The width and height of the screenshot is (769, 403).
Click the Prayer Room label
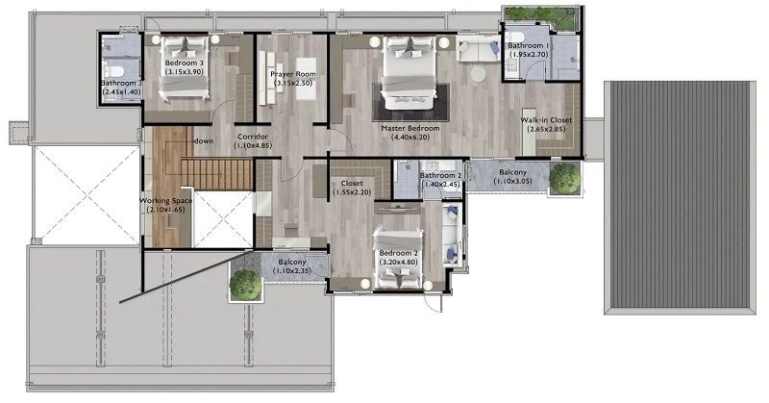click(x=293, y=74)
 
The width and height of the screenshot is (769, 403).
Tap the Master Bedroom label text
click(x=410, y=128)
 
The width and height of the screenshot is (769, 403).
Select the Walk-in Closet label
click(x=546, y=120)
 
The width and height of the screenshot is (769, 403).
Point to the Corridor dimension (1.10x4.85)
click(x=253, y=146)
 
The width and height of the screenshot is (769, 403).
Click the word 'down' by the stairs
click(x=204, y=140)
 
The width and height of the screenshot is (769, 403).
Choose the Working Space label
click(x=165, y=201)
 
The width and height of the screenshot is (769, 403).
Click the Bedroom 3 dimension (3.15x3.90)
click(x=184, y=72)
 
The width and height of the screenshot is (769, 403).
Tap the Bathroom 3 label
click(x=121, y=83)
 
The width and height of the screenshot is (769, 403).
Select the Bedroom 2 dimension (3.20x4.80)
click(x=398, y=263)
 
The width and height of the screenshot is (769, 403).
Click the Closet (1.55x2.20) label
click(x=352, y=188)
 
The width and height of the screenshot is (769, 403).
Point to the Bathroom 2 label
click(x=440, y=175)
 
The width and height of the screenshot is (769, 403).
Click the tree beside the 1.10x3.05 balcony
click(x=564, y=178)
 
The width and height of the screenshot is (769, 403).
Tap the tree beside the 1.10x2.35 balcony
click(x=245, y=284)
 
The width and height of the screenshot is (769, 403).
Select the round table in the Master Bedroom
click(x=478, y=74)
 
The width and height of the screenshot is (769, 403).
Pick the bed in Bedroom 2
click(x=398, y=259)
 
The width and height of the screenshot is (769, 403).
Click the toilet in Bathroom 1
click(x=515, y=37)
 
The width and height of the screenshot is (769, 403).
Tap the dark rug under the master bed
click(x=410, y=102)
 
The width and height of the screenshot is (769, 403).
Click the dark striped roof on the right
click(x=680, y=197)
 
